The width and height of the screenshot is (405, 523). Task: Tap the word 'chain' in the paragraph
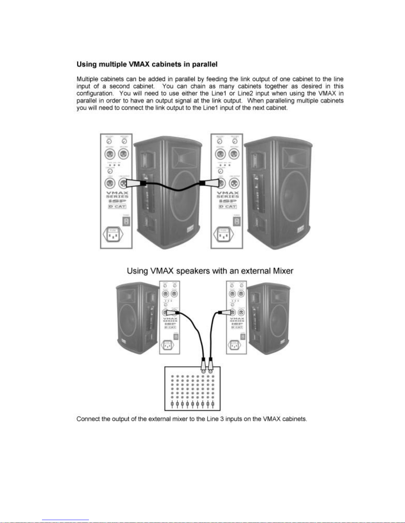(198, 86)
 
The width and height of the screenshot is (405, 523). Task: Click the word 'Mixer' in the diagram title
(283, 271)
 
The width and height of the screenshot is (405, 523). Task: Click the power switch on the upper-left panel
(126, 221)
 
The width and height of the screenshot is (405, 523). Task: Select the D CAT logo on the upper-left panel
(117, 207)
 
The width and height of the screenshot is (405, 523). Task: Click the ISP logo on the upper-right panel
(227, 201)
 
